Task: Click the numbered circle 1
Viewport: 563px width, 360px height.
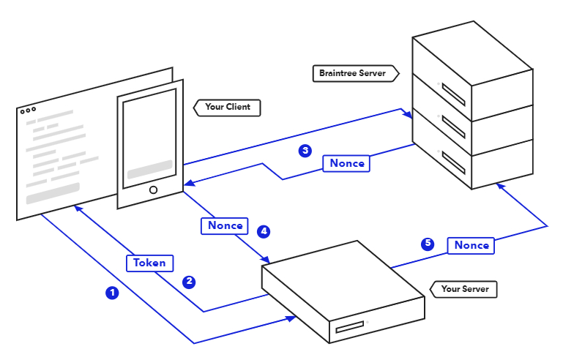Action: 112,293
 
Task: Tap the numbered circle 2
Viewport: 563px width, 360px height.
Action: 189,282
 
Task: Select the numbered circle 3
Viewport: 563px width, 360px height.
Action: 305,151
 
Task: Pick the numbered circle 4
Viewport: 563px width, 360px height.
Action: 264,232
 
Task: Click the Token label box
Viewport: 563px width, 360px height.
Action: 149,263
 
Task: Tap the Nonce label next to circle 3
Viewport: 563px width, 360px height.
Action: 347,163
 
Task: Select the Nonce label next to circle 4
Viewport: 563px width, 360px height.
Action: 225,225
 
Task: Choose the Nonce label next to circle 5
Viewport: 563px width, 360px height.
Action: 471,245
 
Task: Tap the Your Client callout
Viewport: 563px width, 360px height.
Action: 226,107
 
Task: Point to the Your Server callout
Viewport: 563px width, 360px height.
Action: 464,289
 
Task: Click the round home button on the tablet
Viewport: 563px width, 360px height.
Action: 153,190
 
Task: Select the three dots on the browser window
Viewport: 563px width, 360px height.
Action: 28,111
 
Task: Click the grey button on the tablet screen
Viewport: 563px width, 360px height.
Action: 149,173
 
